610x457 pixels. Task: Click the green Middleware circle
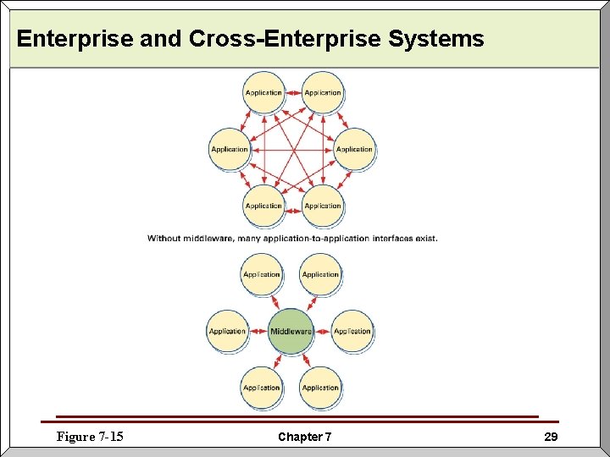coord(291,331)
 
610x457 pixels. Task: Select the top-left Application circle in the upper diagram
coord(263,92)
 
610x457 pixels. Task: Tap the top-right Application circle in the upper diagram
coord(323,92)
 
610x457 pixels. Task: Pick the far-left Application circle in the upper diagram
coord(230,149)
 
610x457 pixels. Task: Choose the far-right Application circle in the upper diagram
coord(354,149)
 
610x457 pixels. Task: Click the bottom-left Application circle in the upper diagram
coord(263,206)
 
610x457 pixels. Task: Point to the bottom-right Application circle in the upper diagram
coord(323,206)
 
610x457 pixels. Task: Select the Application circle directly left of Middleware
coord(228,331)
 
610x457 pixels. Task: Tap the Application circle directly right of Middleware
coord(352,331)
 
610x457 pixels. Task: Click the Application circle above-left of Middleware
coord(262,274)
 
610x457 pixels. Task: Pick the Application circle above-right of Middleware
coord(320,274)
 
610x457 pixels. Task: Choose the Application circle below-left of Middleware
coord(262,388)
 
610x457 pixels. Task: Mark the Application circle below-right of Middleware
coord(320,388)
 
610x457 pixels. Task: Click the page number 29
coord(551,437)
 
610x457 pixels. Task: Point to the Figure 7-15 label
coord(90,437)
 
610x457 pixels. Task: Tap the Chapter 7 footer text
coord(305,437)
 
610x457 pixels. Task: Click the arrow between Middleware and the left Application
coord(259,331)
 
